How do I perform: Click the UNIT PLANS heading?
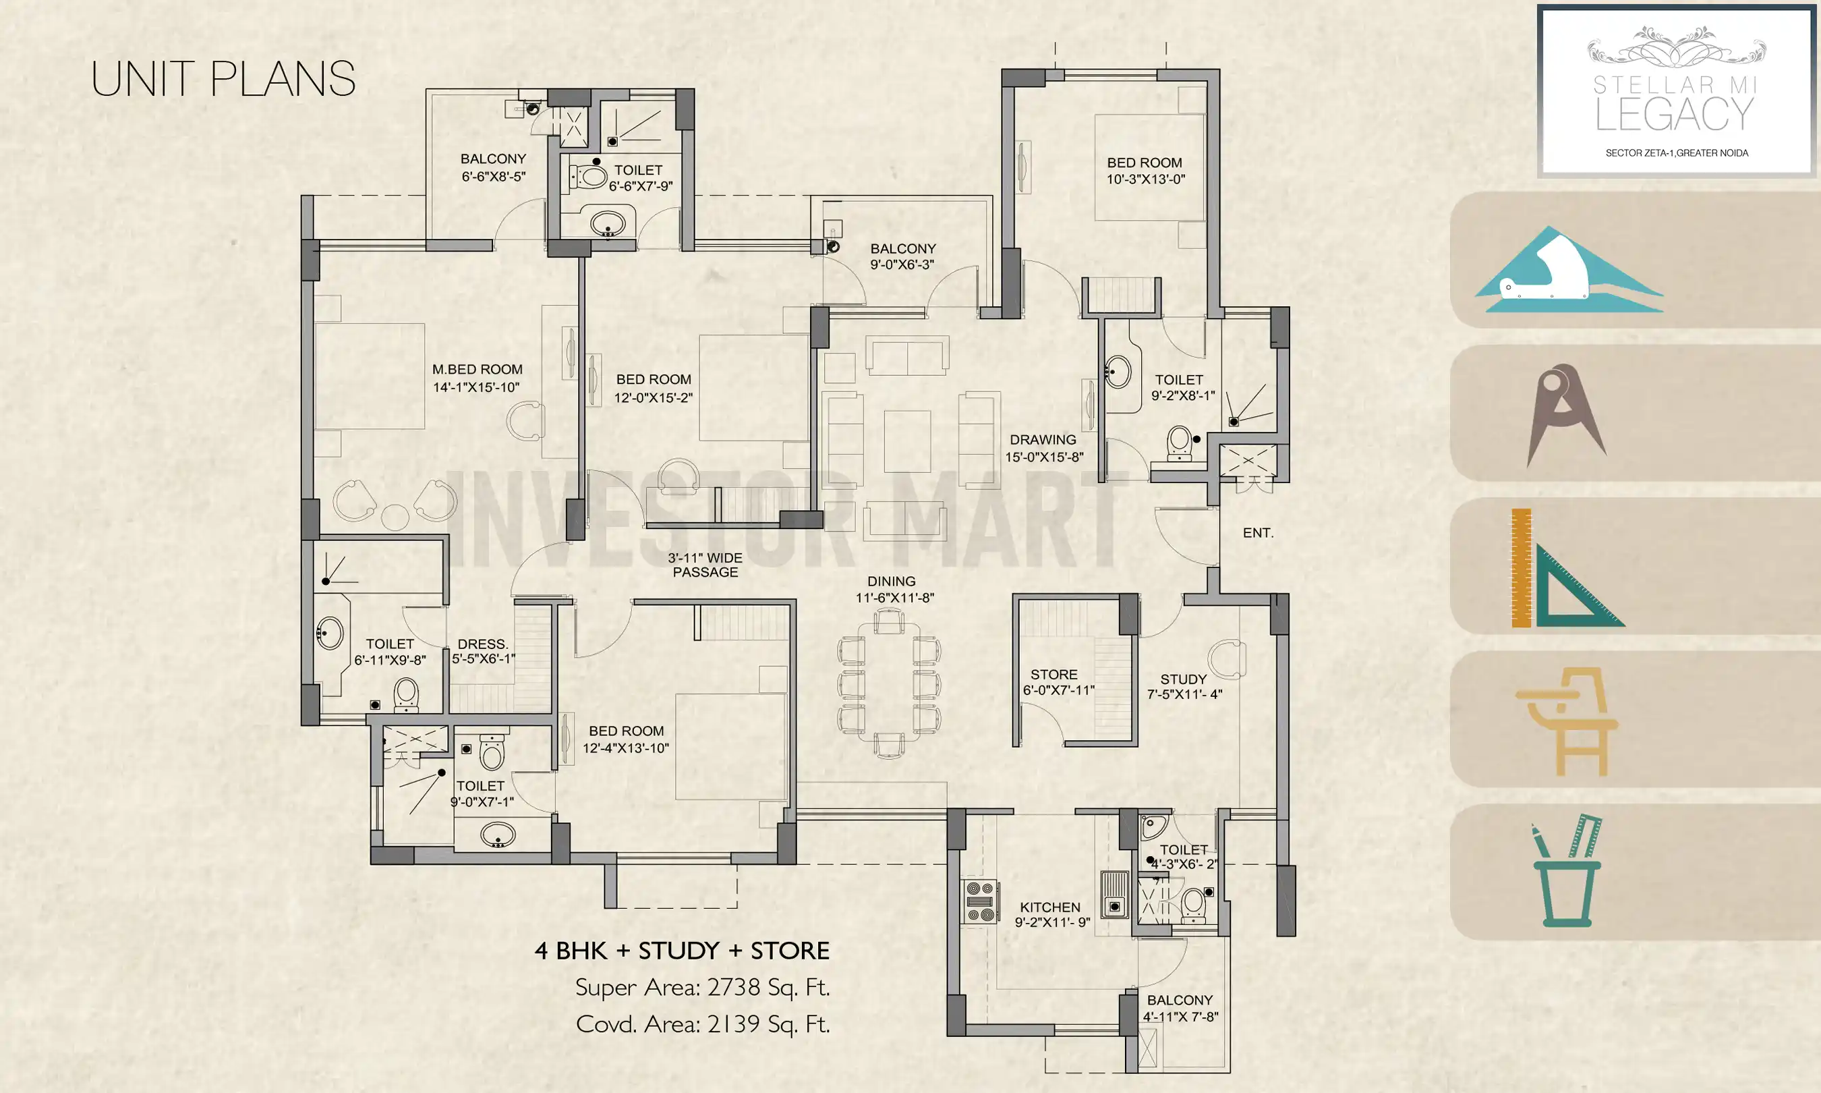click(223, 79)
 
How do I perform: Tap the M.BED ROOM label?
click(477, 369)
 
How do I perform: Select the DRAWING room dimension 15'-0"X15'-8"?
click(1044, 457)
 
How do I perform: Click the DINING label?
click(892, 581)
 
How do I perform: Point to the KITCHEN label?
click(1049, 907)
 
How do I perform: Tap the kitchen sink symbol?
click(1114, 893)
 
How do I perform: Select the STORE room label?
click(1053, 674)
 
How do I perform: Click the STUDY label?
click(1183, 679)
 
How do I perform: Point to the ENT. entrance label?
click(1258, 532)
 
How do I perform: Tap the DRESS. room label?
click(482, 644)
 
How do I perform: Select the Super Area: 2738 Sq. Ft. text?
click(702, 987)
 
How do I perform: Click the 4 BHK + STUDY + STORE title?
click(682, 950)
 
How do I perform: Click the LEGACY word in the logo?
click(1675, 114)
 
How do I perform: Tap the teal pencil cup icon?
click(1566, 872)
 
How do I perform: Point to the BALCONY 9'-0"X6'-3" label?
click(902, 248)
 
